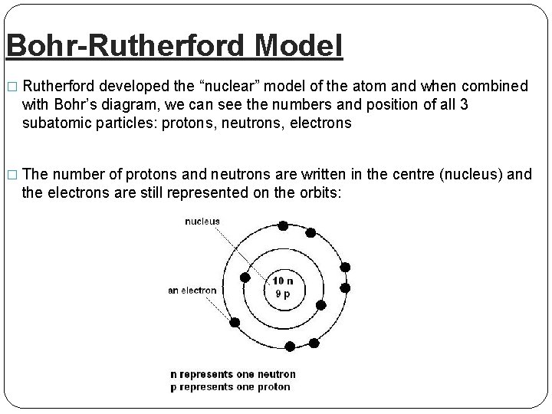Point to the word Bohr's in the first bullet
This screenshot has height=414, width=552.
coord(75,104)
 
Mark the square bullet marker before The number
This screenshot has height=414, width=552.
coord(10,174)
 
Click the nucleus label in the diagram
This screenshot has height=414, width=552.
coord(202,222)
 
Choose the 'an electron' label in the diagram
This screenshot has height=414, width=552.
coord(192,291)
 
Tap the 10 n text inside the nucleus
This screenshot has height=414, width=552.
coord(283,281)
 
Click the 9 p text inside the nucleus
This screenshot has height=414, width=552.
coord(283,294)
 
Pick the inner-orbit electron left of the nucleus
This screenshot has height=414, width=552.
coord(245,278)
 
